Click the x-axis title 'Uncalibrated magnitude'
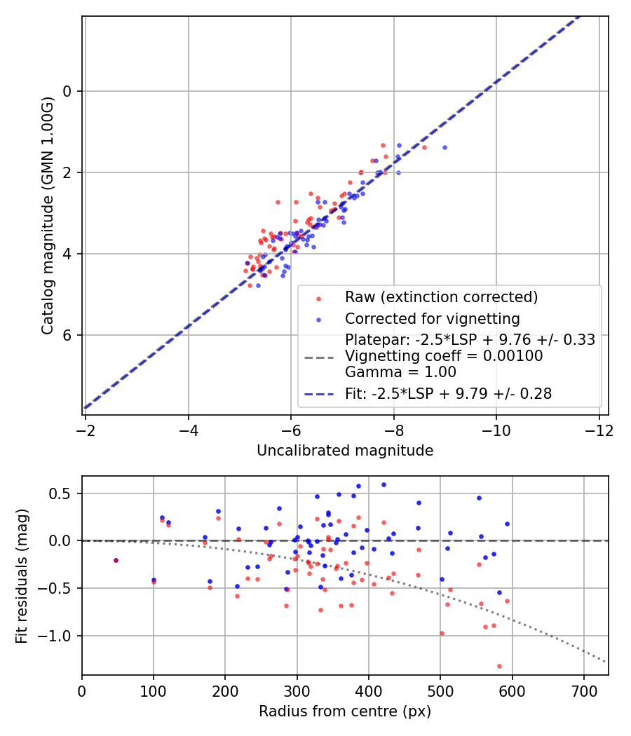[345, 451]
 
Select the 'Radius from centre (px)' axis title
[345, 711]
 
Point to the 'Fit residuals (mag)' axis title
[22, 575]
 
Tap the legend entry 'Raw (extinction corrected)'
[441, 297]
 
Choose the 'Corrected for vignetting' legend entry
[432, 319]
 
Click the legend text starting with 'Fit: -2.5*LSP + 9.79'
[448, 394]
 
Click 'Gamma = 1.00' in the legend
[400, 372]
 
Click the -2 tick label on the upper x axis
[86, 429]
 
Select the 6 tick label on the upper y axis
[68, 335]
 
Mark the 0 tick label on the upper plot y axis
[68, 91]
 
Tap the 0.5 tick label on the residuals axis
[63, 493]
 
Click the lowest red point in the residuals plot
[499, 666]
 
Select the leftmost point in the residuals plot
[116, 560]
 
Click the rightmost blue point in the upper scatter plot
[445, 147]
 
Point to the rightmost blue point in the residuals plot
[507, 524]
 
